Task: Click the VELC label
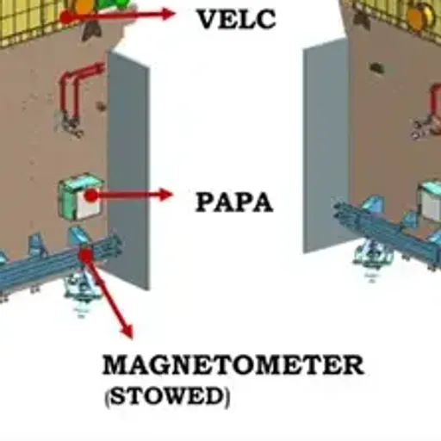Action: (236, 19)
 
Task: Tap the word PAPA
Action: (234, 202)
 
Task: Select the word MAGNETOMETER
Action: (233, 364)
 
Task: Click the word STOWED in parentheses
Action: (167, 396)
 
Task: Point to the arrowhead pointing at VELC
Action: (168, 14)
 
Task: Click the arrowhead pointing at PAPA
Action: (166, 195)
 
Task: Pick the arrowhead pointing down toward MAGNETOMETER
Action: (127, 332)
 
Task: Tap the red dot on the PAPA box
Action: (91, 196)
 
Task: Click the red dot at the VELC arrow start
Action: (66, 17)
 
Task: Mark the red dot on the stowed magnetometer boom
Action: (85, 254)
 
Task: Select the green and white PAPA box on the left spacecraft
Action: (81, 196)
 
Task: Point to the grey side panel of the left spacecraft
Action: (128, 170)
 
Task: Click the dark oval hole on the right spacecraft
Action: (377, 68)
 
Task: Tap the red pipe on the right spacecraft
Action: (435, 103)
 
